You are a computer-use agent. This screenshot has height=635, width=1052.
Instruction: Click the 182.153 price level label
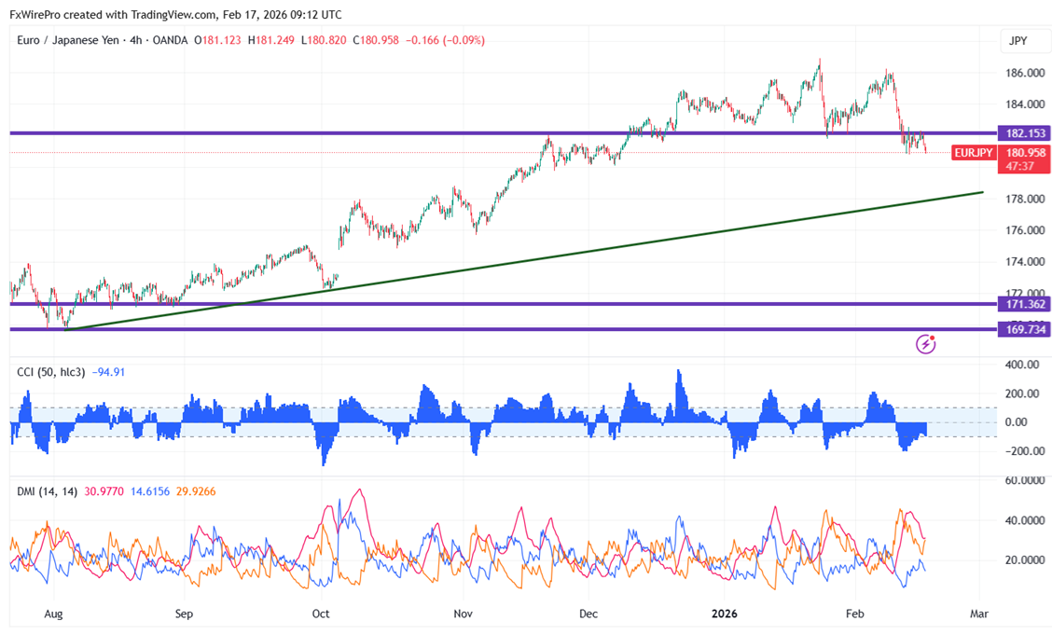click(x=1022, y=133)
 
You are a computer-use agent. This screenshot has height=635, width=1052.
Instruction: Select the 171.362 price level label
click(x=1022, y=304)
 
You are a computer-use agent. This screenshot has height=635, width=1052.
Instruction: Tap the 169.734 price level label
click(x=1022, y=329)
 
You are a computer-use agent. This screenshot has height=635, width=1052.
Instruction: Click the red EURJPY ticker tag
click(x=973, y=152)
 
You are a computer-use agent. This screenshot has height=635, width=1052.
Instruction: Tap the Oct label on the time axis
click(x=321, y=614)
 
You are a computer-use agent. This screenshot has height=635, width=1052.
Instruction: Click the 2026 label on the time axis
click(x=725, y=614)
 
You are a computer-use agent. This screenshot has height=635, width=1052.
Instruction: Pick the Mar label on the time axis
click(x=978, y=614)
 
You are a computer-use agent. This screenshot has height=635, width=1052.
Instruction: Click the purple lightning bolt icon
click(x=926, y=344)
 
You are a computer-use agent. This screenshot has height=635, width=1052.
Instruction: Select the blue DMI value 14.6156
click(x=151, y=491)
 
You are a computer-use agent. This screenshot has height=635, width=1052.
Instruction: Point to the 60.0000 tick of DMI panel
click(x=1023, y=481)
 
